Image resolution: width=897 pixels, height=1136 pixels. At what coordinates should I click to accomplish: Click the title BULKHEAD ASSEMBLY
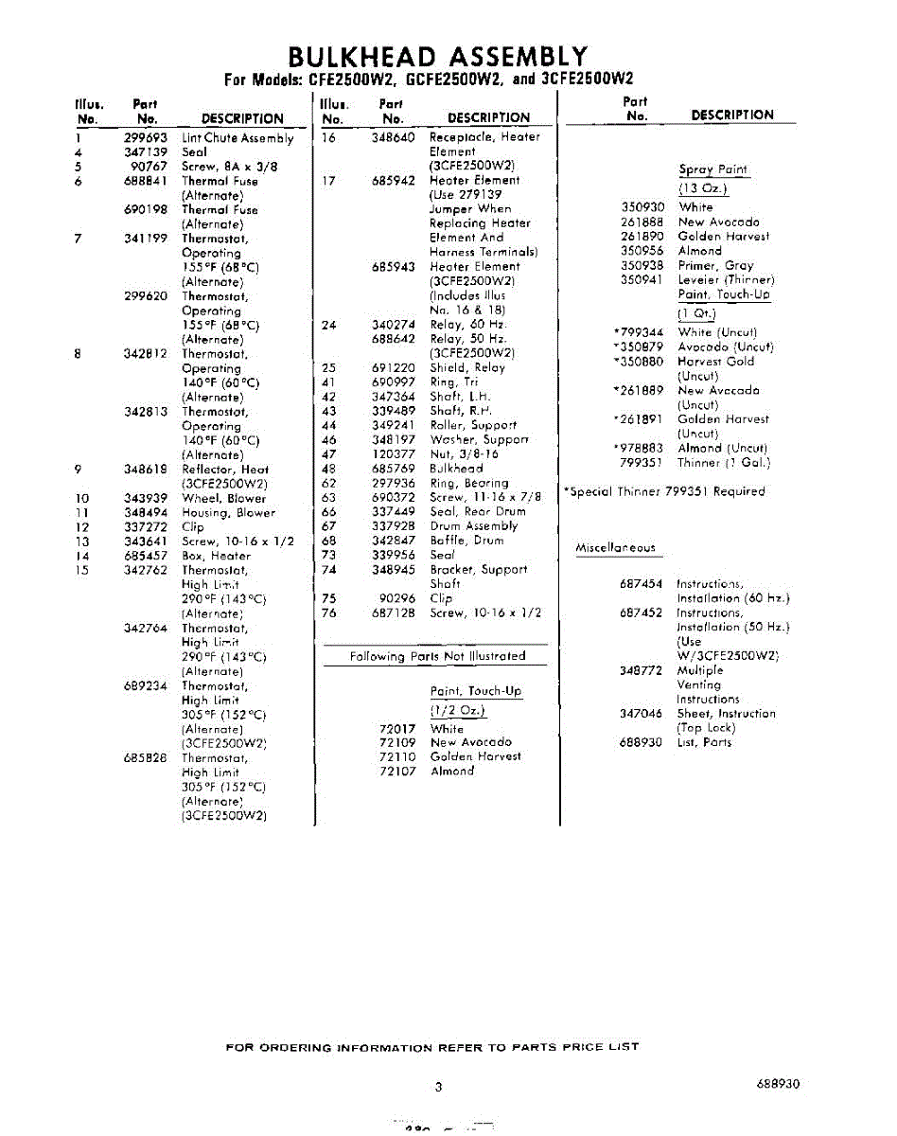click(x=437, y=57)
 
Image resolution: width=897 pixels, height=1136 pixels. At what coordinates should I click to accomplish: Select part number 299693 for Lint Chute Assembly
click(x=145, y=137)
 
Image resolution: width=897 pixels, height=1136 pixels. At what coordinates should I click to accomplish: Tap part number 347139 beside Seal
click(x=145, y=151)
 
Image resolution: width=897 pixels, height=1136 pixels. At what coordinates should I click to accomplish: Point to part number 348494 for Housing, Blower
click(x=145, y=512)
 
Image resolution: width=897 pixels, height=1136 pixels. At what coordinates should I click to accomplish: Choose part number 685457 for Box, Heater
click(x=145, y=556)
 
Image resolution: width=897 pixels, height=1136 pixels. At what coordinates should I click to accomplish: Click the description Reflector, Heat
click(x=225, y=470)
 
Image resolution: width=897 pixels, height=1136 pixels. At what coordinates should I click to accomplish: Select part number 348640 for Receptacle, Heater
click(x=393, y=137)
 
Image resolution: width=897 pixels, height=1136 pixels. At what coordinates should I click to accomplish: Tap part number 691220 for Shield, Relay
click(x=393, y=367)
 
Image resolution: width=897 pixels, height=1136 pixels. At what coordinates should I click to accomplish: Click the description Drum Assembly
click(x=474, y=526)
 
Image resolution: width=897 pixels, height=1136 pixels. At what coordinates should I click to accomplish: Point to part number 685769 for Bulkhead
click(x=393, y=469)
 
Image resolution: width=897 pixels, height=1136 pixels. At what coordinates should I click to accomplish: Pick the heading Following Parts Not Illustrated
click(x=437, y=656)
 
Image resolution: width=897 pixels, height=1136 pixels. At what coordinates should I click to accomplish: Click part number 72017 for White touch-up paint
click(x=397, y=729)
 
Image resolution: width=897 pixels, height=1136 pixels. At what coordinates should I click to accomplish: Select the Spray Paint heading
click(x=712, y=170)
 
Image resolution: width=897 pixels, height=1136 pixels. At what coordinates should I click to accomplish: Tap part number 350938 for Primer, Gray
click(x=642, y=266)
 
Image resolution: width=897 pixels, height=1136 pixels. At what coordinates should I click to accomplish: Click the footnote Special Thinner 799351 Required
click(x=664, y=491)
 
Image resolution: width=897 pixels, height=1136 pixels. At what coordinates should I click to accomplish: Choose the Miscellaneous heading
click(x=615, y=548)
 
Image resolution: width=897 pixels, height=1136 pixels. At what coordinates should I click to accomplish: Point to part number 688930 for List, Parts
click(x=641, y=742)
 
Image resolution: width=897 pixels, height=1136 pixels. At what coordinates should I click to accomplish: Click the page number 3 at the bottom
click(x=438, y=1087)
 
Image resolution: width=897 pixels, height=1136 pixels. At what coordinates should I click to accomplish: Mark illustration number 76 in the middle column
click(x=329, y=613)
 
